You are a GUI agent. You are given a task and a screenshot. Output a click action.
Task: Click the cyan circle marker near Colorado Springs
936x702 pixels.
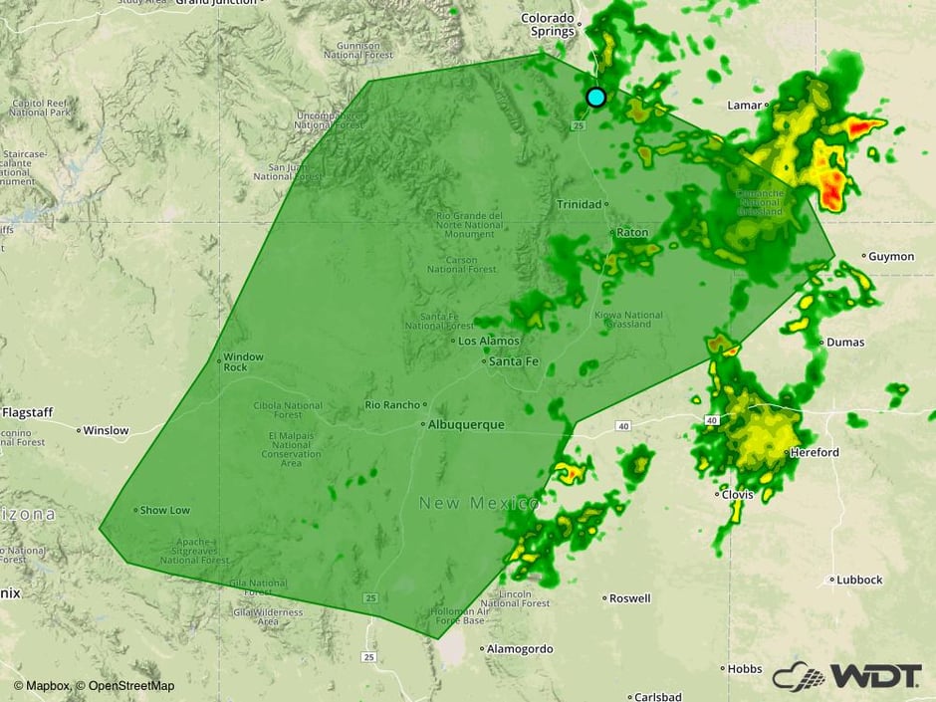coord(595,97)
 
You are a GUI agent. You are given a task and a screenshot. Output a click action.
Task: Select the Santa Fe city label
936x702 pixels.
coord(516,361)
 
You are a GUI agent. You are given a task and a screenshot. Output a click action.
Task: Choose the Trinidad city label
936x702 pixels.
coord(581,204)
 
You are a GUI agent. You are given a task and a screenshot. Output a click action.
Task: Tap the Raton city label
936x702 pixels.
coord(631,232)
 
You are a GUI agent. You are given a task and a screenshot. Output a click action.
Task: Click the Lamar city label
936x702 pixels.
coord(744,105)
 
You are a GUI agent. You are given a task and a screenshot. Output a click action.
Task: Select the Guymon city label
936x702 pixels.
coord(890,256)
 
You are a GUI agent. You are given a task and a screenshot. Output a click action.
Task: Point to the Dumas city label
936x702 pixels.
coord(844,342)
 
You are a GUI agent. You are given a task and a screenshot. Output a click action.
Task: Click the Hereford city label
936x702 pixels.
coord(817,452)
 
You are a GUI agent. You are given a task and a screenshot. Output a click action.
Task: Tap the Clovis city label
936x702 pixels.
coord(738,494)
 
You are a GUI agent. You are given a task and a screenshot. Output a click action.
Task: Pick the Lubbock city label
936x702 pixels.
coord(859,580)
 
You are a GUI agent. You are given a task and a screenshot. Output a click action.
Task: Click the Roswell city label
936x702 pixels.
coord(630,598)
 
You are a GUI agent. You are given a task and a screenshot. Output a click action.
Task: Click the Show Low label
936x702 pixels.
coord(164,510)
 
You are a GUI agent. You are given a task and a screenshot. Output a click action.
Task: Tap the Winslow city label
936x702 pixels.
coord(106,431)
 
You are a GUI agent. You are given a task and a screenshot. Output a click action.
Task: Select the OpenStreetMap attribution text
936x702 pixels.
coord(131,685)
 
